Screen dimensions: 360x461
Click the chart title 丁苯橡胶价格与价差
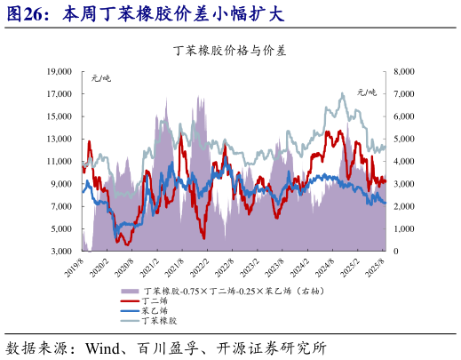pyautogui.click(x=230, y=50)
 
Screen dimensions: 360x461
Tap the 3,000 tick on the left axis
pyautogui.click(x=61, y=252)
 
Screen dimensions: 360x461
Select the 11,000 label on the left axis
pyautogui.click(x=59, y=161)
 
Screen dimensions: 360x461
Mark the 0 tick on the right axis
pyautogui.click(x=396, y=252)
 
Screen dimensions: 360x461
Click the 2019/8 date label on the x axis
pyautogui.click(x=74, y=266)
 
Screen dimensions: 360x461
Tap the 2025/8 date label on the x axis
pyautogui.click(x=377, y=266)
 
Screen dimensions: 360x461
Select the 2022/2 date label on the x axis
pyautogui.click(x=200, y=266)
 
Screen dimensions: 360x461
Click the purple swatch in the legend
pyautogui.click(x=129, y=292)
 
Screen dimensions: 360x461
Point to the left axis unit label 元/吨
pyautogui.click(x=102, y=80)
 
